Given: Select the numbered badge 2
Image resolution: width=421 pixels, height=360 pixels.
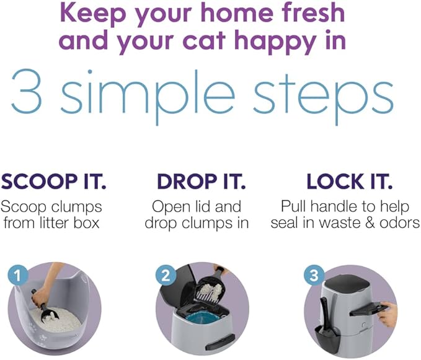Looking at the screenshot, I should [x=165, y=275].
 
